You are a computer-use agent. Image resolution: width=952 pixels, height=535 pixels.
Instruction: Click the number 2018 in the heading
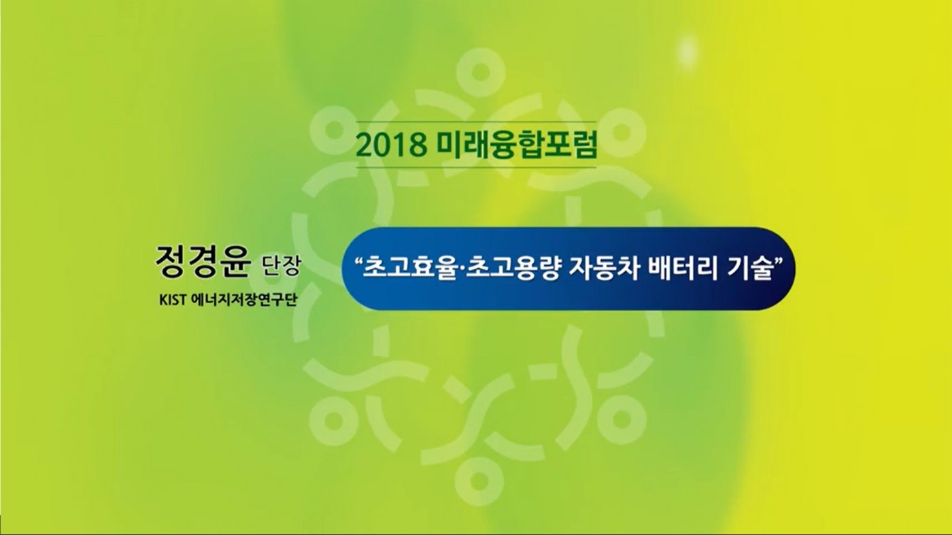point(391,145)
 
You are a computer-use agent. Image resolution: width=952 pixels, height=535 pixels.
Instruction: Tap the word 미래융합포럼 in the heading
point(517,145)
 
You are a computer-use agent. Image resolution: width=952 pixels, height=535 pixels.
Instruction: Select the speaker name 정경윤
point(203,262)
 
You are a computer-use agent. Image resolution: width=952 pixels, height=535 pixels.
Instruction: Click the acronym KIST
point(173,300)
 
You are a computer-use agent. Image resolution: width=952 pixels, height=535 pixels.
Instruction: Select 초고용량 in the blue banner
point(512,268)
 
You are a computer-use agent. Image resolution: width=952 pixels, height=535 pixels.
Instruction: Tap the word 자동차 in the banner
point(604,268)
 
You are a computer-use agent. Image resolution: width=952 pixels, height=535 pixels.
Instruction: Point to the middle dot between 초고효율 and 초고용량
point(463,268)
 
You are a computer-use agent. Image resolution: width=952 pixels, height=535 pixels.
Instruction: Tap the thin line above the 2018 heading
point(477,122)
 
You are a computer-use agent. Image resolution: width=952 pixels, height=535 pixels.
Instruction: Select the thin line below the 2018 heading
point(477,167)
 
